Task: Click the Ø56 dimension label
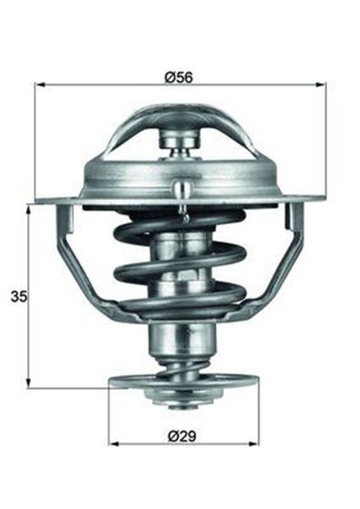pyautogui.click(x=179, y=77)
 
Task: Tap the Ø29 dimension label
pyautogui.click(x=182, y=436)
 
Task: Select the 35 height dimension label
pyautogui.click(x=19, y=297)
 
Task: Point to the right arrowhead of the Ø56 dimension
pyautogui.click(x=320, y=85)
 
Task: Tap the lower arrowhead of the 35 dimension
pyautogui.click(x=29, y=383)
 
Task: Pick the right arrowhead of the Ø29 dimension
pyautogui.click(x=254, y=444)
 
